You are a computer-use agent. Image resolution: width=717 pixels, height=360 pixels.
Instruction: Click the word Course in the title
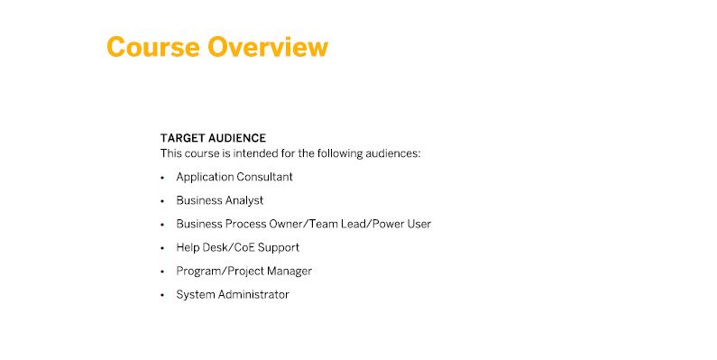153,47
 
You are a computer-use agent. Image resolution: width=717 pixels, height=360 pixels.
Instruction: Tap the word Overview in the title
268,47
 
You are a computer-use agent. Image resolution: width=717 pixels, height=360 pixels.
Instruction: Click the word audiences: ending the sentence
396,153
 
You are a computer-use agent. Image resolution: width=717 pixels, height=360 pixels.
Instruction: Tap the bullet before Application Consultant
162,178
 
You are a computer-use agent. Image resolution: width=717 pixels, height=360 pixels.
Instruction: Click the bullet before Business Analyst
162,201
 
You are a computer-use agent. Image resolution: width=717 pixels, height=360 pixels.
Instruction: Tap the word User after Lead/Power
420,224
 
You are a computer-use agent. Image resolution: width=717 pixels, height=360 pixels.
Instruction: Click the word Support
279,248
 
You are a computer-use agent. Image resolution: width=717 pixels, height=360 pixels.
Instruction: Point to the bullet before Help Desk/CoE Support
162,248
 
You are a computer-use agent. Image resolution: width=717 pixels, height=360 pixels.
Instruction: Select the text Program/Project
220,272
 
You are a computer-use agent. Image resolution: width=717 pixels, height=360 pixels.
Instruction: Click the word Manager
290,272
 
